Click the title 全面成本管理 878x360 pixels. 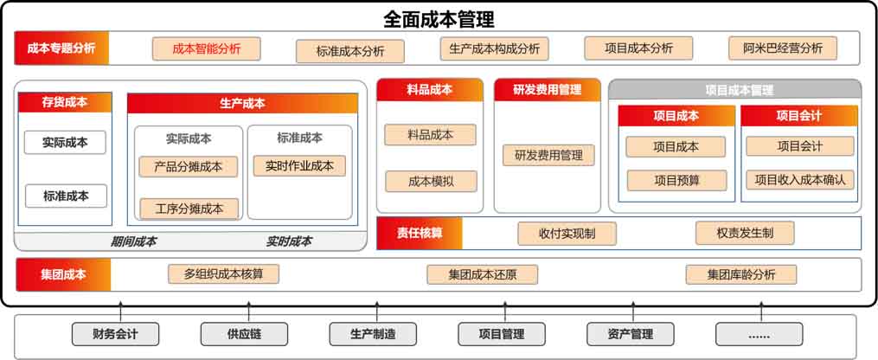click(x=439, y=18)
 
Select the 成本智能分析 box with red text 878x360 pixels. click(x=206, y=48)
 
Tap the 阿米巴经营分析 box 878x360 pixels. click(x=782, y=48)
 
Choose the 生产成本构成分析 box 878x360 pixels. click(x=494, y=48)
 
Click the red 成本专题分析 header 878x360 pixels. click(x=61, y=48)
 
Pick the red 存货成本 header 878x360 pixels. click(x=65, y=102)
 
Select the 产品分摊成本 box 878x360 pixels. click(x=189, y=166)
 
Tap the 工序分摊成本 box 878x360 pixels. click(x=189, y=208)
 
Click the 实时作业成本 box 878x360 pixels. click(x=299, y=164)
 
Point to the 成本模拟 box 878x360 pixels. click(x=430, y=181)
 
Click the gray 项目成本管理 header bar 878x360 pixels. click(x=734, y=89)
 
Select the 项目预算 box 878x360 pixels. click(x=676, y=180)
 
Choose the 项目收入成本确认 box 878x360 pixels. click(x=799, y=180)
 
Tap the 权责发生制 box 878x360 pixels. click(x=745, y=232)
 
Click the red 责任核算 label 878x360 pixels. click(x=420, y=233)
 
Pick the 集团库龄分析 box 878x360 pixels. click(x=740, y=275)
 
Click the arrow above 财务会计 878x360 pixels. click(x=120, y=309)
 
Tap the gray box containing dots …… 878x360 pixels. click(x=759, y=334)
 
